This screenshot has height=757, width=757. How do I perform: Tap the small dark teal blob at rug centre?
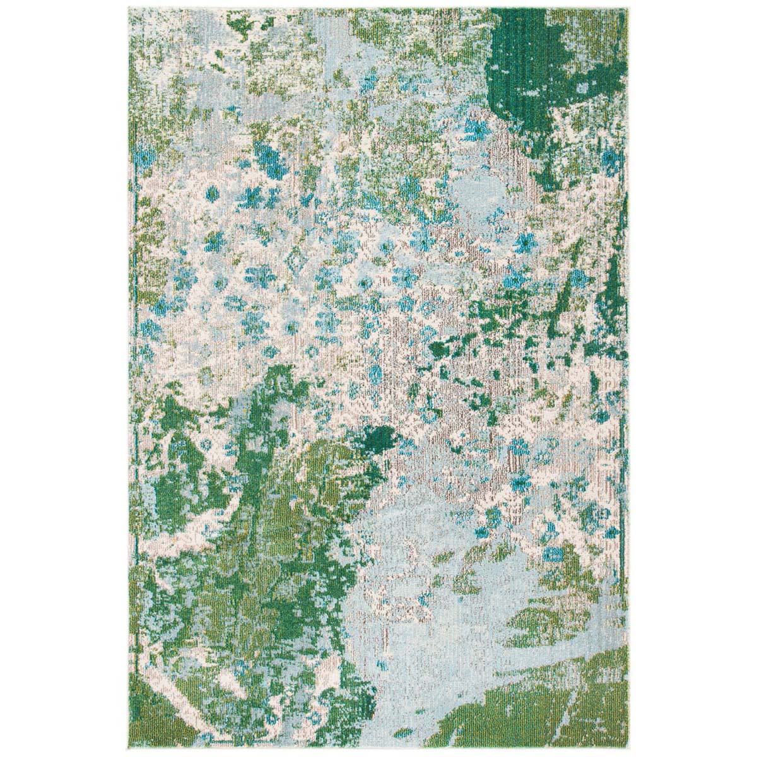(381, 435)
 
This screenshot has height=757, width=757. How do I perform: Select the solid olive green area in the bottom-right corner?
(555, 700)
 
